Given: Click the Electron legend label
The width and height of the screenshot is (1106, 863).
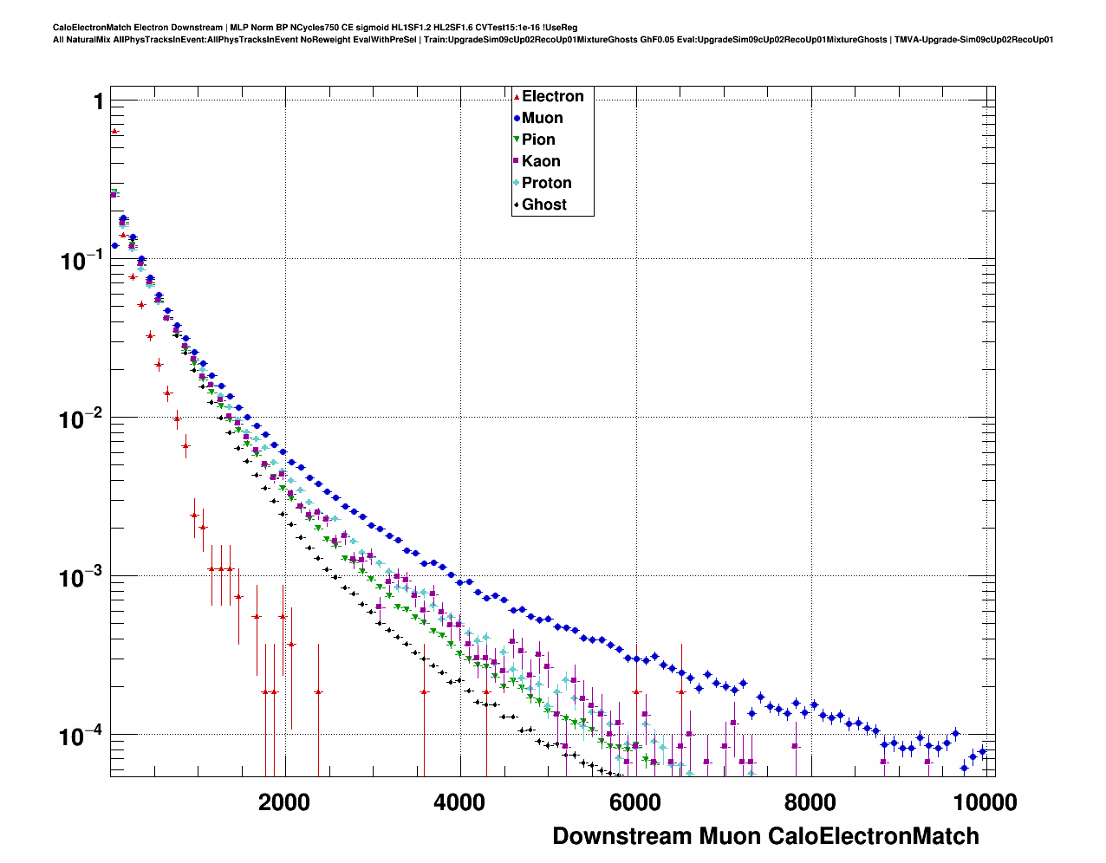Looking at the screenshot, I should coord(552,96).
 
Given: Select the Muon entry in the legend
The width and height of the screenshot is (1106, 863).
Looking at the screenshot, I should coord(542,118).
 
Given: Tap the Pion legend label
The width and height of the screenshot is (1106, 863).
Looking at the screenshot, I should coord(538,140).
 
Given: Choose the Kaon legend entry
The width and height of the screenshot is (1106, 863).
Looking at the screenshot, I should coord(541,161).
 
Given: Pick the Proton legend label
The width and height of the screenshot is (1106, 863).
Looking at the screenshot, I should coord(546,183).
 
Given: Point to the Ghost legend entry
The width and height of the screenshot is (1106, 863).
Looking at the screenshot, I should coord(543,204).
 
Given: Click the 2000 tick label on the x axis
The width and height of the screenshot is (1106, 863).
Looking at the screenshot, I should coord(283,802).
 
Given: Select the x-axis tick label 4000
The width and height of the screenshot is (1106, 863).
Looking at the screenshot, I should coord(459,802).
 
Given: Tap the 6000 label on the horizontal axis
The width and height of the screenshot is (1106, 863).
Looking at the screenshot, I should coord(634,802).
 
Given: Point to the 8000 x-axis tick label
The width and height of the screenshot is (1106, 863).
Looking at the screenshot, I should coord(810,802).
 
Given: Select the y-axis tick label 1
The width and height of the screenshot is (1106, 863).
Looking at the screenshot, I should coord(99,102).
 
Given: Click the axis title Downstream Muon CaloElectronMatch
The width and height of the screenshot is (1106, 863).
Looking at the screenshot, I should coord(765,836).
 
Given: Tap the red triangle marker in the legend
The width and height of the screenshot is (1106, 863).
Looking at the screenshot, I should coord(517,96).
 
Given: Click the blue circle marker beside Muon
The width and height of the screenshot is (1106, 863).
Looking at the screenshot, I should coord(517,118).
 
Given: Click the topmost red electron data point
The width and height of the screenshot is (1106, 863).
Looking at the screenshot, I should coord(114,131).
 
